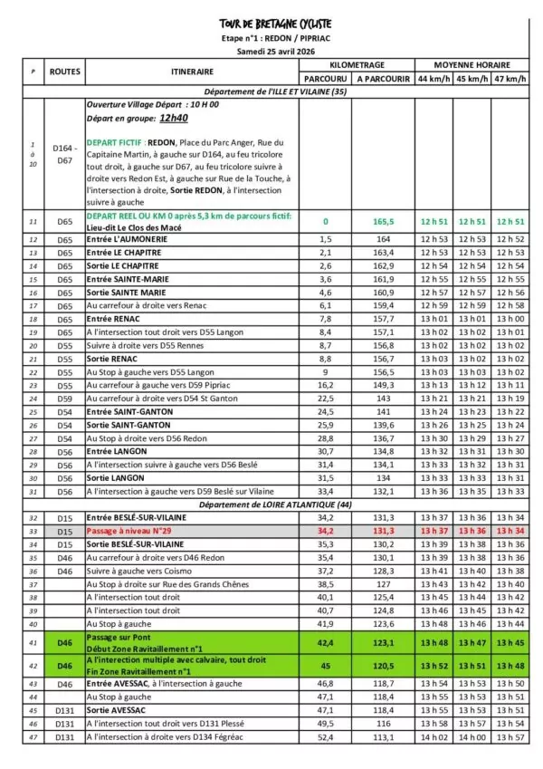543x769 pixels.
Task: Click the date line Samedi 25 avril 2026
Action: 275,52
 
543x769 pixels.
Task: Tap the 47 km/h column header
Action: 510,79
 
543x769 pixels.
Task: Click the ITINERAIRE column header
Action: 192,72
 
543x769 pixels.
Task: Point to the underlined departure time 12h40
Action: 173,118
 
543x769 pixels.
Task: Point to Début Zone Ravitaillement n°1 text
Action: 138,647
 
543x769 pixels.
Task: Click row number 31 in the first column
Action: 33,491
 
